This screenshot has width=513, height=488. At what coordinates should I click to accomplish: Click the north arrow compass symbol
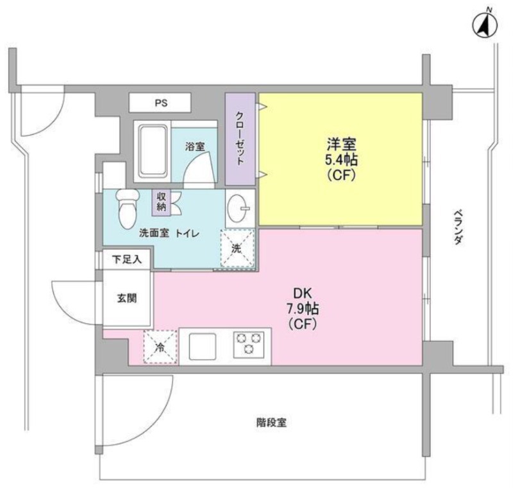click(x=485, y=25)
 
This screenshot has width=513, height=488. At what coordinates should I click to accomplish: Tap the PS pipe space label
click(x=161, y=103)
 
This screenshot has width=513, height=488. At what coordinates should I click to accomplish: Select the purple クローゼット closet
click(x=240, y=139)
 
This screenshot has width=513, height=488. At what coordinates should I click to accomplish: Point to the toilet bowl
click(x=127, y=208)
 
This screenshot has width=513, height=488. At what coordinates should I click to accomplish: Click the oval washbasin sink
click(x=239, y=208)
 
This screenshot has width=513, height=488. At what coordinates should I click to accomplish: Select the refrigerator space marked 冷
click(x=160, y=347)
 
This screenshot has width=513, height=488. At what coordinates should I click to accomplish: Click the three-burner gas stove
click(x=249, y=345)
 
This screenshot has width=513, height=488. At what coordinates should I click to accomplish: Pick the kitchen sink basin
click(x=203, y=347)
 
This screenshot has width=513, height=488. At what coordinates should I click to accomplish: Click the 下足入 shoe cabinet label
click(x=127, y=259)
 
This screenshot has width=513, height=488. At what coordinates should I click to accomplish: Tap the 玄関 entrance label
click(x=127, y=299)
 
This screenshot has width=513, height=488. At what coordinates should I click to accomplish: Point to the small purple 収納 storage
click(x=161, y=202)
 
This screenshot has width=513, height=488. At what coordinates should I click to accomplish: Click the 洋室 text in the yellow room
click(x=341, y=144)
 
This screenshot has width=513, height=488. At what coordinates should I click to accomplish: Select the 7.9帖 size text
click(x=303, y=308)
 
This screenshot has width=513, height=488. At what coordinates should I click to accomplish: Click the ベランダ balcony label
click(x=458, y=227)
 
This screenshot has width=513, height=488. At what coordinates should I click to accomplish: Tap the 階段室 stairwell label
click(x=271, y=423)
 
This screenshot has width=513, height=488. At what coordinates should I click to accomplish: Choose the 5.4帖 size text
click(x=341, y=160)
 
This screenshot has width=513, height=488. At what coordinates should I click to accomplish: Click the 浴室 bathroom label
click(x=195, y=146)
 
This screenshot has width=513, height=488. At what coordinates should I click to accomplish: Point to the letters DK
click(x=303, y=293)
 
